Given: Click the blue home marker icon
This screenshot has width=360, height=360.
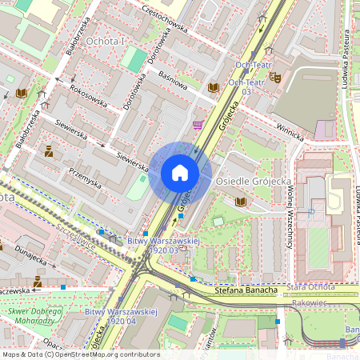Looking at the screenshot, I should point(180,173).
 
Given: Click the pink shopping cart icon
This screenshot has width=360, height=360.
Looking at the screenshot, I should point(198,125).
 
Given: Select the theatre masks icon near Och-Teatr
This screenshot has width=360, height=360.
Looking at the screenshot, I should point(274,78).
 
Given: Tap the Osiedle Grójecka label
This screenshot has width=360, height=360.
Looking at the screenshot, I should point(253,182).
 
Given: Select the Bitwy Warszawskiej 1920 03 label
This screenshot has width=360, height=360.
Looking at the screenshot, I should point(157,244).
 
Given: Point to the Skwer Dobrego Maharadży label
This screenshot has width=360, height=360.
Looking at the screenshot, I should point(34,314).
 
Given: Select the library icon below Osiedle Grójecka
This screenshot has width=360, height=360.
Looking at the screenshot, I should point(239,201).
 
